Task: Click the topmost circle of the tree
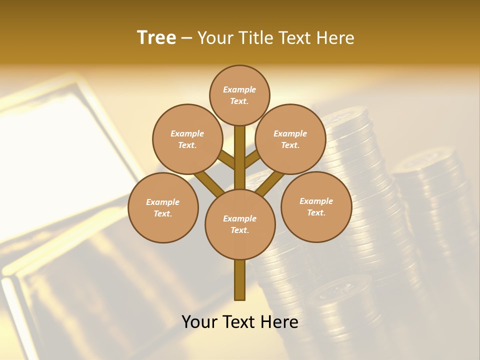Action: coord(239,95)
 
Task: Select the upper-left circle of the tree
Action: coord(187,139)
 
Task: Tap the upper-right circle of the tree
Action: coord(290,139)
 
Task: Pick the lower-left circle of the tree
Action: coord(163,207)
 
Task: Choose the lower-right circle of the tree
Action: coord(316,206)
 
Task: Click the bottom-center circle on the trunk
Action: coord(240,224)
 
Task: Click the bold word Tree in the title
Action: coord(156,37)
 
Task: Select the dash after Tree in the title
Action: coord(186,38)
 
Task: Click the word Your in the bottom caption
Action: coord(199,321)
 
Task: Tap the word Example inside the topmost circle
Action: coord(239,89)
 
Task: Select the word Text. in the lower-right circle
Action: coord(316,212)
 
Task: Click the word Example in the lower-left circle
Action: coord(163,202)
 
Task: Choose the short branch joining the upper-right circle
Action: coord(252,159)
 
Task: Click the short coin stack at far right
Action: coord(435,200)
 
